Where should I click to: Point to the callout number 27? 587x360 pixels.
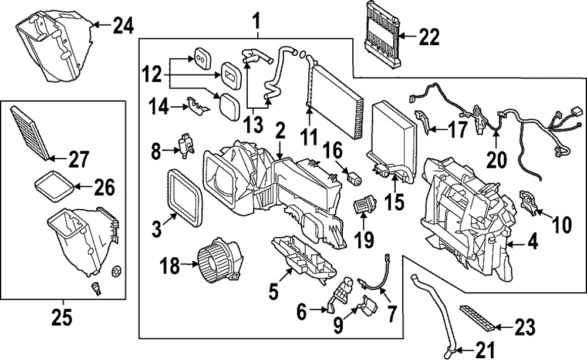pyautogui.click(x=78, y=159)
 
